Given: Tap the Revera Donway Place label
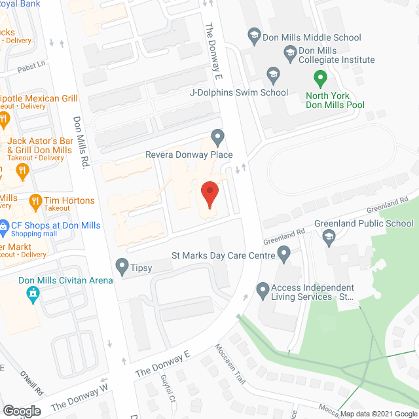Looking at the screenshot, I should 189,155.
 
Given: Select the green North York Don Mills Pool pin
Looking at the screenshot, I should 320,80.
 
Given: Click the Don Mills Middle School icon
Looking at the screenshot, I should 255,37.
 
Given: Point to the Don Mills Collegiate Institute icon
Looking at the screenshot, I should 289,51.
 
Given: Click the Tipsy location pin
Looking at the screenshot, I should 122,266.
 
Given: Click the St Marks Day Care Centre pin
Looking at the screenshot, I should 284,253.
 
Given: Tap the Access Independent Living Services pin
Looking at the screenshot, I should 263,289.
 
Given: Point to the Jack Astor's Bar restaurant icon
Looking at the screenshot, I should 23,172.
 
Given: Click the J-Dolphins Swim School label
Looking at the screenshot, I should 238,92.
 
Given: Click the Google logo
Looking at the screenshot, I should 21,411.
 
